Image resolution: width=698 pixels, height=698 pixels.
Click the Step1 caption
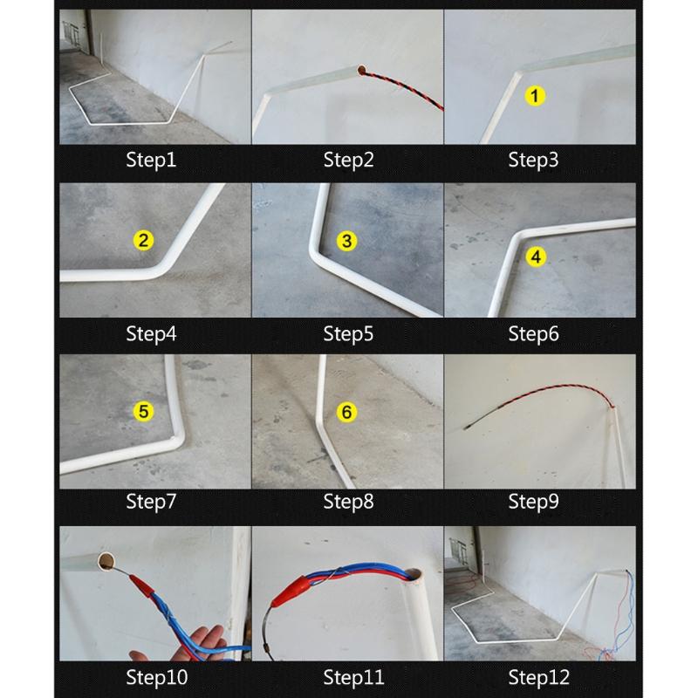(151, 160)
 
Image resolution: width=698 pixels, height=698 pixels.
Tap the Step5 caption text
(348, 332)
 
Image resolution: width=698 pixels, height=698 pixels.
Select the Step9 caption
(533, 501)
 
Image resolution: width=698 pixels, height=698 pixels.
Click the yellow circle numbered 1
(534, 96)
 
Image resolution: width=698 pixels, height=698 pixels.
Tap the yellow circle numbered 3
(346, 241)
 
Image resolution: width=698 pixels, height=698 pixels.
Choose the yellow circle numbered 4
(537, 256)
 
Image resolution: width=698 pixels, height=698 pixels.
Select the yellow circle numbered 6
(346, 412)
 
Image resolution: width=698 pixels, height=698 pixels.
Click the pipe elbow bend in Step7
(177, 438)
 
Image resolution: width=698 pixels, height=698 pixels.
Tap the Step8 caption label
(348, 501)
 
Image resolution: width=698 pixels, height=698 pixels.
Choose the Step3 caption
(533, 160)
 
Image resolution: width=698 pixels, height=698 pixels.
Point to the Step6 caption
(533, 332)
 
